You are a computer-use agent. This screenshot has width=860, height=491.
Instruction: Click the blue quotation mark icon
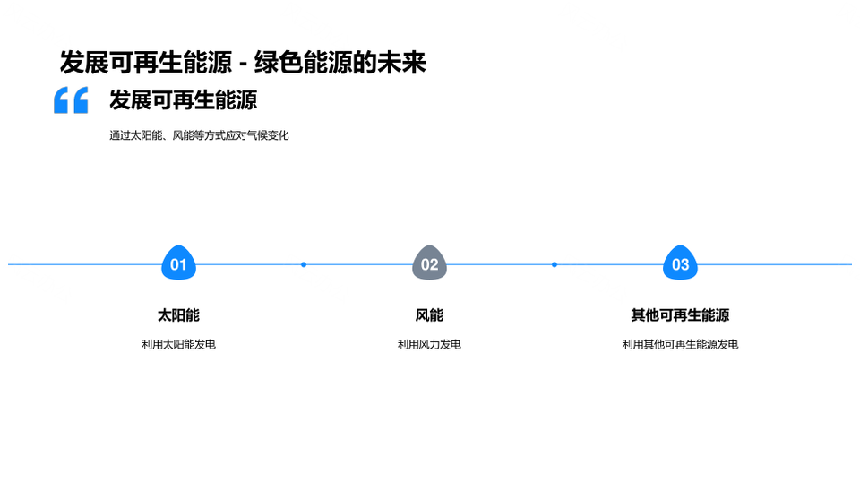click(71, 99)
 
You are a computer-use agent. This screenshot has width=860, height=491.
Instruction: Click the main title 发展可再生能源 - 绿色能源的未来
click(243, 62)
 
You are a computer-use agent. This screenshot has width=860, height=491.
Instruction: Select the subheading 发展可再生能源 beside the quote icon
click(183, 99)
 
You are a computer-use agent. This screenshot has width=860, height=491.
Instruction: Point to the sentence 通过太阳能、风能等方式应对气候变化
click(199, 135)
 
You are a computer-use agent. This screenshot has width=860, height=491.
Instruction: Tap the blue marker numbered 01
click(178, 263)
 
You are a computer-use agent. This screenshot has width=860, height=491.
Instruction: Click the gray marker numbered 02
click(429, 263)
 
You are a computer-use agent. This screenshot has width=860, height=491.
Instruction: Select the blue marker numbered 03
click(680, 263)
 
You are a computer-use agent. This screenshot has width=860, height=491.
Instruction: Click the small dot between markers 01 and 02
click(304, 264)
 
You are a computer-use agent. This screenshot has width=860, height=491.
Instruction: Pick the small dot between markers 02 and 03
click(555, 264)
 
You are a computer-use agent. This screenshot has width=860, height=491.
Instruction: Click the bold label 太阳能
click(178, 315)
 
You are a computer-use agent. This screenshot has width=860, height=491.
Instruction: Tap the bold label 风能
click(429, 315)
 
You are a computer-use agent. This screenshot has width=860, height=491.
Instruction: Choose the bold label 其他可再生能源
click(680, 315)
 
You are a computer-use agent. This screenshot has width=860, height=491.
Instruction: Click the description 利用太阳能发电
click(178, 345)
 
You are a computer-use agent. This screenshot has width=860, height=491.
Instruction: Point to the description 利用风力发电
click(429, 345)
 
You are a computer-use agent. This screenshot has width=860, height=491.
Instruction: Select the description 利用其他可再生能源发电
click(680, 345)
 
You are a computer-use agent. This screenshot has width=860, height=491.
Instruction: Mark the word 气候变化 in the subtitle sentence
click(268, 135)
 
